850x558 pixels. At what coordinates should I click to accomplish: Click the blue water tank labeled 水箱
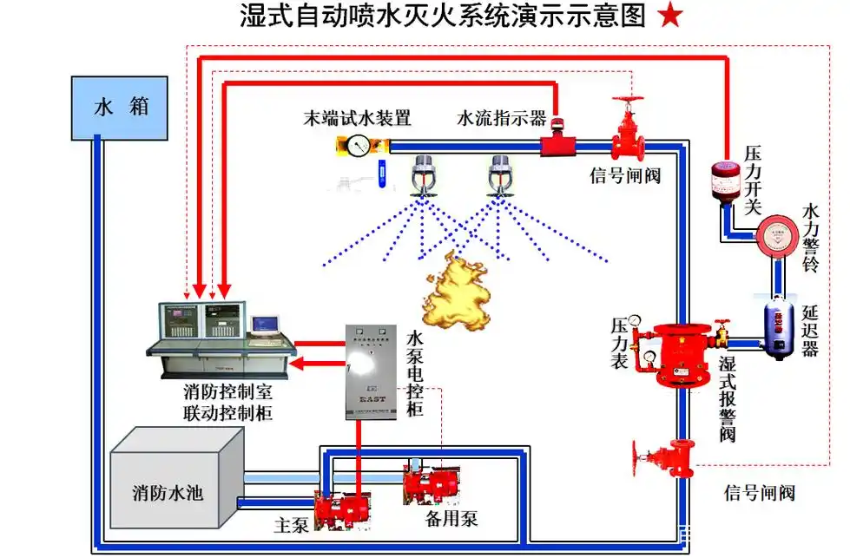point(122,107)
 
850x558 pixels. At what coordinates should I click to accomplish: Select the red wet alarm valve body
point(680,356)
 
